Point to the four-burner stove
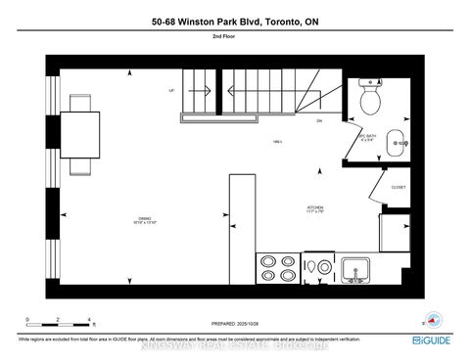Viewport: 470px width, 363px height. [277, 268]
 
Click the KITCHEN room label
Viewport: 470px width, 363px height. [314, 208]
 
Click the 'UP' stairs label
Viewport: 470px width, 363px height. [173, 88]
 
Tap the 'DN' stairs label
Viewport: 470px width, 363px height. [319, 120]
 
